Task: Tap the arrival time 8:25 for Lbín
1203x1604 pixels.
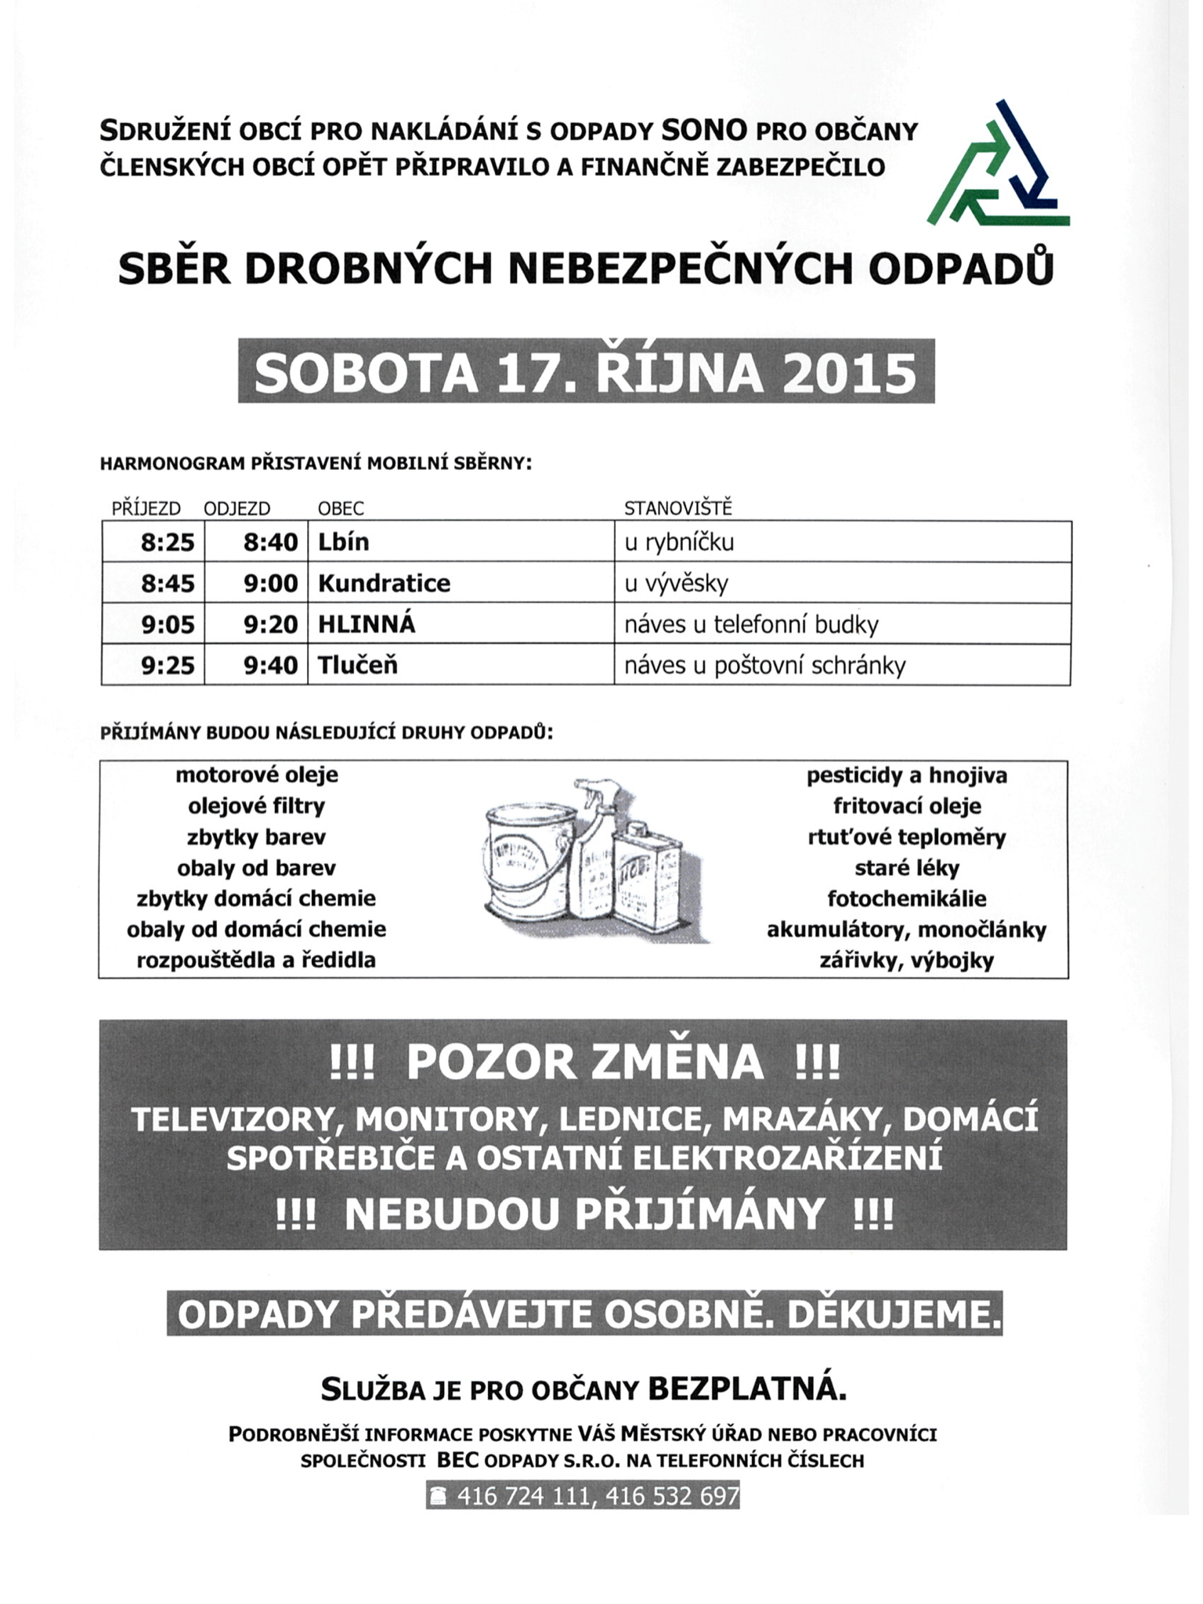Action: click(168, 542)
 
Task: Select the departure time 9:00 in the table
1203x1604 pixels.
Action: click(270, 583)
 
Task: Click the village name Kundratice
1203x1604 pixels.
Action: click(384, 583)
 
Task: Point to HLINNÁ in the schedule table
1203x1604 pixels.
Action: click(367, 625)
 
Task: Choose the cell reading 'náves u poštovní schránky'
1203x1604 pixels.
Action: click(764, 666)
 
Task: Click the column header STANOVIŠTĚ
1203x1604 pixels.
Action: click(677, 508)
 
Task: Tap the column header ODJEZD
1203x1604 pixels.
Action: click(237, 508)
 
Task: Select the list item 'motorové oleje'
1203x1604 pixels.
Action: click(257, 775)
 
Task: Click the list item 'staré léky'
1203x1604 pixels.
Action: click(907, 868)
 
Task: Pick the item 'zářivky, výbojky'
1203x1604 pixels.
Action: click(907, 960)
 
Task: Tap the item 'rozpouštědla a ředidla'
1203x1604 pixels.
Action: click(256, 960)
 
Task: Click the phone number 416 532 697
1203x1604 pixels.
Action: click(672, 1497)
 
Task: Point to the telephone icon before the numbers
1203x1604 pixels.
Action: click(439, 1497)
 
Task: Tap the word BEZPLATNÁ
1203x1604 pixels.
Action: click(748, 1390)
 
